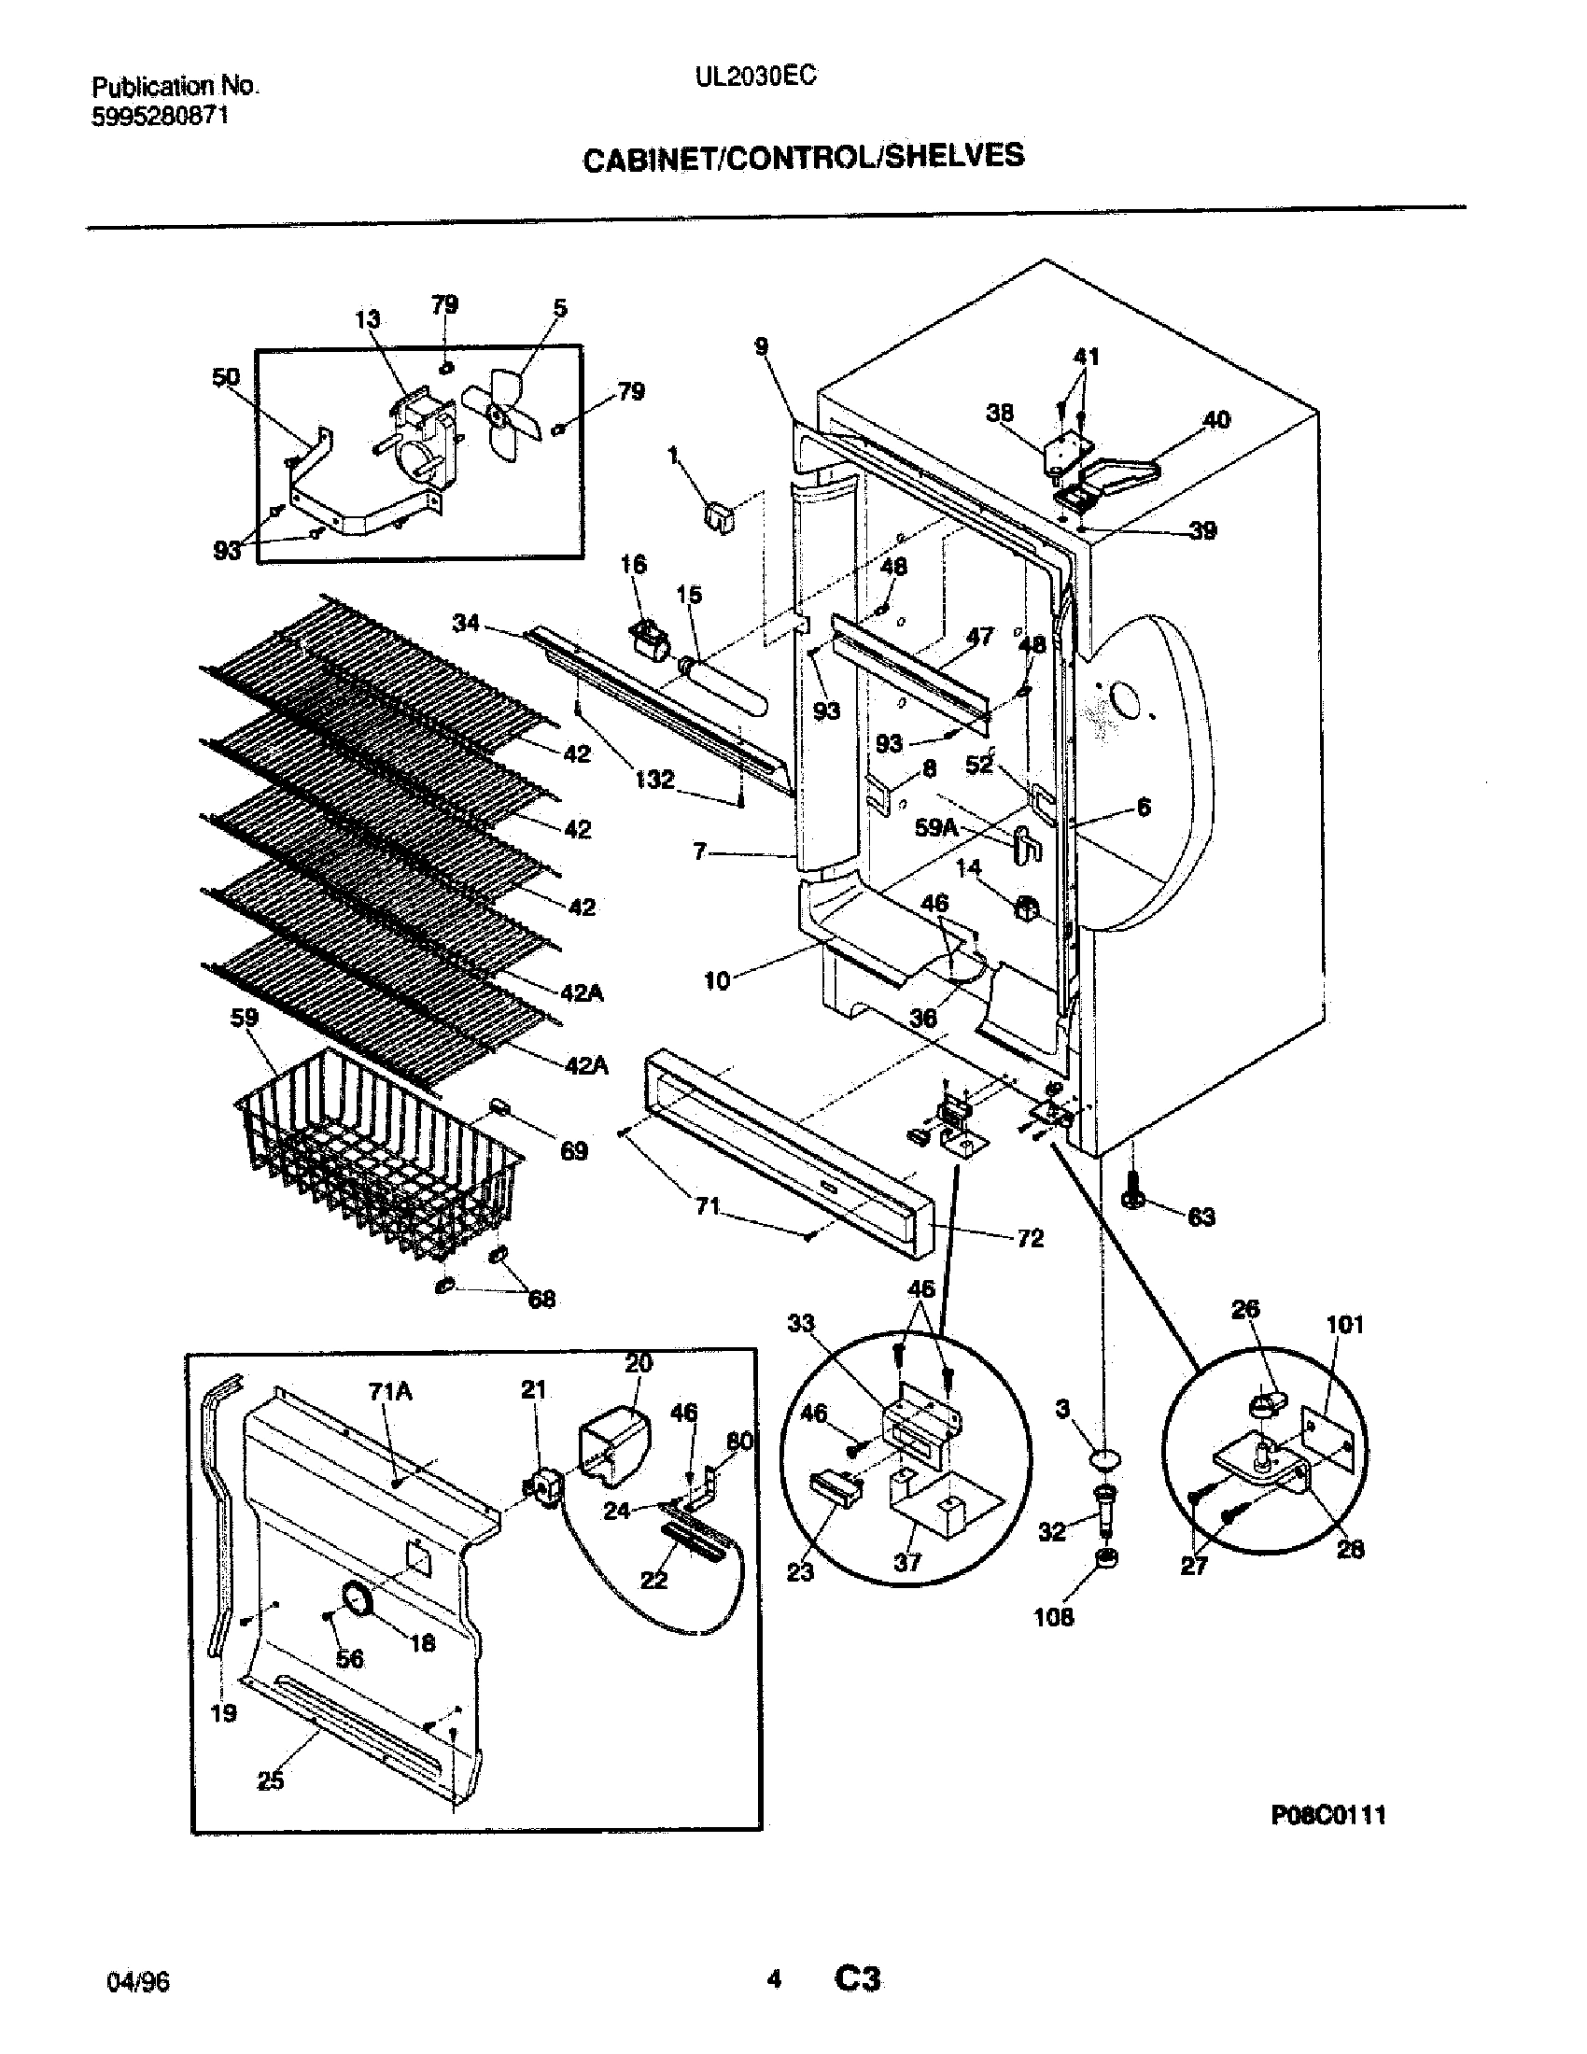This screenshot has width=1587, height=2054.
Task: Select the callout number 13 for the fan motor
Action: pyautogui.click(x=368, y=319)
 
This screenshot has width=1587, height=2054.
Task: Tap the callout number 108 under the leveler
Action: pyautogui.click(x=1053, y=1617)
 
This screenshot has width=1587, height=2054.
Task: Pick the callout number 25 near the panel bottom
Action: pyautogui.click(x=270, y=1780)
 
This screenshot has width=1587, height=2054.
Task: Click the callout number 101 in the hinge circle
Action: pyautogui.click(x=1344, y=1325)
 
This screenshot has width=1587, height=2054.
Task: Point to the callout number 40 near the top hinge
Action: pyautogui.click(x=1216, y=419)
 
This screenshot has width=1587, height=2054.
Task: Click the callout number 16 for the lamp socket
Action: pyautogui.click(x=634, y=564)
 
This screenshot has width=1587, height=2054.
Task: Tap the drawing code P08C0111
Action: pyautogui.click(x=1327, y=1815)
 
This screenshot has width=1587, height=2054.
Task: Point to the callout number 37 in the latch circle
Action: pyautogui.click(x=907, y=1562)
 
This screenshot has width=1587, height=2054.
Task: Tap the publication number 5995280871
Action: pyautogui.click(x=160, y=116)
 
